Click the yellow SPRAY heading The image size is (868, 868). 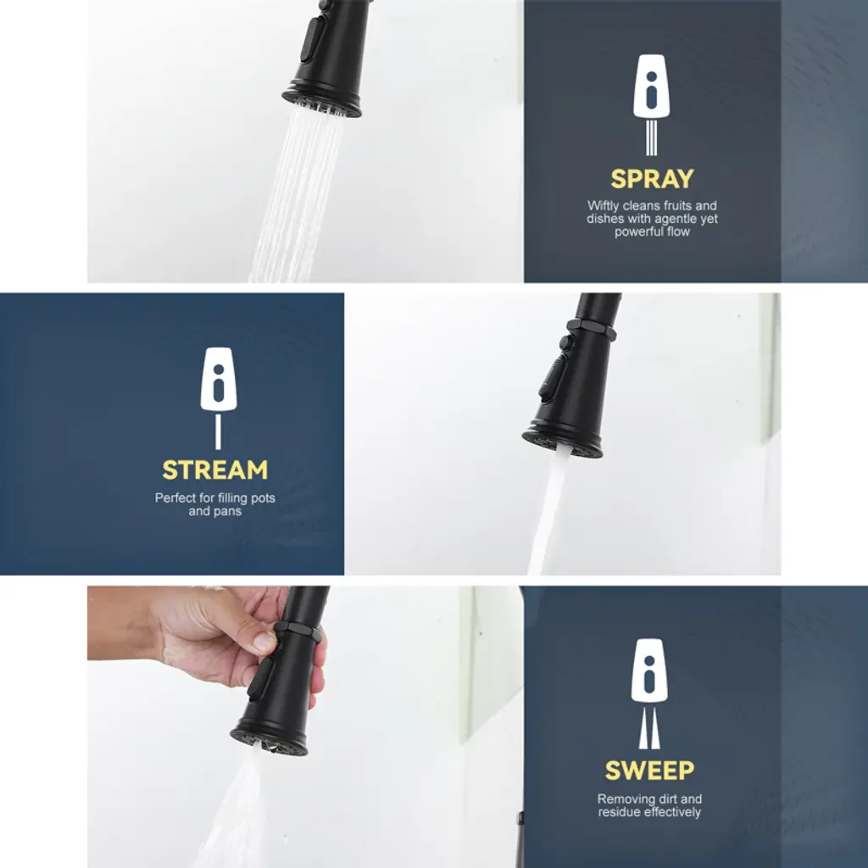point(652,179)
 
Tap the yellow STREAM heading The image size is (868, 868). point(214,470)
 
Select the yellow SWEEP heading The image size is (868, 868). point(649,770)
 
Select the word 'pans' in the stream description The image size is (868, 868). point(227,511)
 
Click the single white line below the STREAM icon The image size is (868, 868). point(218,431)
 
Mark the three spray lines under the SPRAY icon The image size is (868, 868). point(652,138)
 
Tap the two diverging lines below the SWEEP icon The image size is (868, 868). point(649,728)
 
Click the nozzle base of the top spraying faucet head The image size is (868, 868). point(321,102)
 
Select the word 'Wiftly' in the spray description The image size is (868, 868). point(604,205)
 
